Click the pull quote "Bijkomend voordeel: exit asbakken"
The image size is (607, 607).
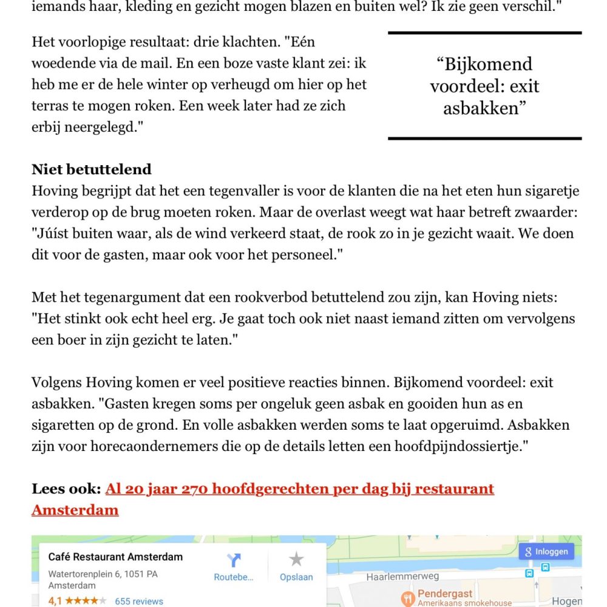click(x=484, y=86)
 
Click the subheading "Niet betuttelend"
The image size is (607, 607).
click(x=92, y=169)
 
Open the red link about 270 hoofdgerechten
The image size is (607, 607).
click(x=299, y=489)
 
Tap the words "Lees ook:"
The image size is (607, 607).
click(x=66, y=489)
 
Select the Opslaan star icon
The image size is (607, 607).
click(x=296, y=559)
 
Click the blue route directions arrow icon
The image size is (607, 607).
click(x=234, y=560)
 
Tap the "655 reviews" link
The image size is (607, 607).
click(x=139, y=601)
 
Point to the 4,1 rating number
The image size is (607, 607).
click(x=55, y=601)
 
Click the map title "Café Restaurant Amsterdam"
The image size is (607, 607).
click(x=115, y=557)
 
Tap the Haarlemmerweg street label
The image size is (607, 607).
click(x=403, y=576)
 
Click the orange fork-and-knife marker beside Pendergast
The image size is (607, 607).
click(x=408, y=598)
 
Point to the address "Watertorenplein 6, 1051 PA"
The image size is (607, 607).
click(x=103, y=574)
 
